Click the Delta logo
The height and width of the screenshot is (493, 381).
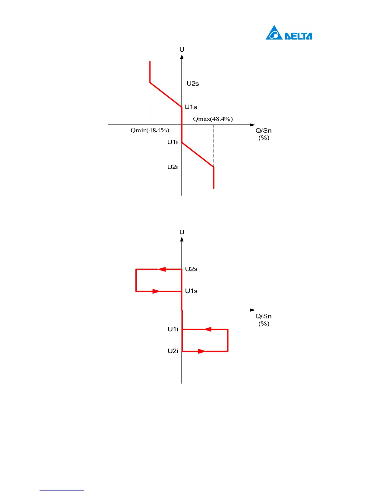(289, 33)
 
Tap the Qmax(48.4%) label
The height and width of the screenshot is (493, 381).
(213, 119)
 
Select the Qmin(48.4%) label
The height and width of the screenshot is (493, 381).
(150, 130)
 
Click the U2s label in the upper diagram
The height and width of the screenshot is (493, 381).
(193, 83)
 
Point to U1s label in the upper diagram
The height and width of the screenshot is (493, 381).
(191, 107)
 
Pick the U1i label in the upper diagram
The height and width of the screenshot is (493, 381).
(172, 142)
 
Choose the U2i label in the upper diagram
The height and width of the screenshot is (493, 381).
(172, 167)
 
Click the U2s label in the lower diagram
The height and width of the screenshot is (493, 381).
(191, 269)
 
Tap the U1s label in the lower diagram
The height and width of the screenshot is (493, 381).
(191, 291)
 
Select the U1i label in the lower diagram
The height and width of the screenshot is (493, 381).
(173, 329)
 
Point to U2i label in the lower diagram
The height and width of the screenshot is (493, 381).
(173, 351)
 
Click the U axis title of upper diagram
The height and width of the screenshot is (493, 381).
(182, 50)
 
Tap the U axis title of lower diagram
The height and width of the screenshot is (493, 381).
(182, 232)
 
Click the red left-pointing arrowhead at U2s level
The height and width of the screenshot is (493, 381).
(162, 269)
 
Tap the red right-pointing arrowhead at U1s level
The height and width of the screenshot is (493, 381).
(156, 291)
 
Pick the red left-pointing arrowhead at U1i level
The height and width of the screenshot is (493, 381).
(208, 329)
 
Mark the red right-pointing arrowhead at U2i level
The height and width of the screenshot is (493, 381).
(202, 351)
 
